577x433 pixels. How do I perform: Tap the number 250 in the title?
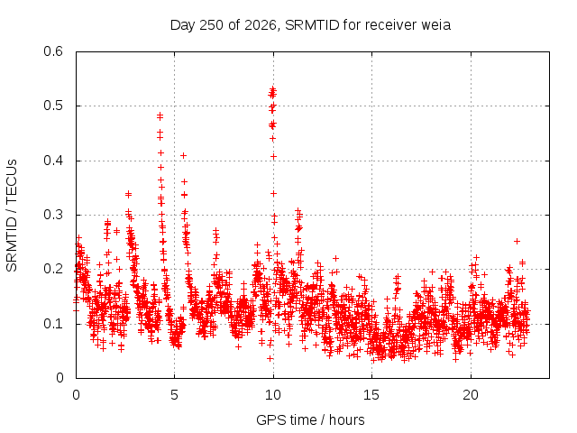pyautogui.click(x=211, y=25)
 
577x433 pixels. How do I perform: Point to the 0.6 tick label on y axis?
pyautogui.click(x=53, y=51)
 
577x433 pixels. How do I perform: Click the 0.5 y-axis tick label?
pyautogui.click(x=53, y=106)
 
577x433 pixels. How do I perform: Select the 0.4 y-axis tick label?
pyautogui.click(x=53, y=161)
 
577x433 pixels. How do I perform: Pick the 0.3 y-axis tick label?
pyautogui.click(x=53, y=215)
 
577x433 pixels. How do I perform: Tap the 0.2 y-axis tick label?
pyautogui.click(x=53, y=269)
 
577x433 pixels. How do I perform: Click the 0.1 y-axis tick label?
pyautogui.click(x=53, y=324)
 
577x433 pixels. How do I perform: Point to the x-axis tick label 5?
pyautogui.click(x=174, y=395)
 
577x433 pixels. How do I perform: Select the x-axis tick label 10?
pyautogui.click(x=272, y=395)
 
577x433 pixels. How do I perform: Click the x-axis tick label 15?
pyautogui.click(x=371, y=395)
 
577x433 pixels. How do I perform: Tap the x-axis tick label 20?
pyautogui.click(x=471, y=395)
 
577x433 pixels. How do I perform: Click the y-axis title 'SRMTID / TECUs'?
pyautogui.click(x=12, y=216)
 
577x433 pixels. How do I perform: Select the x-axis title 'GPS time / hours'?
pyautogui.click(x=310, y=419)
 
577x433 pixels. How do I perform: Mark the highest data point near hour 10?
pyautogui.click(x=272, y=88)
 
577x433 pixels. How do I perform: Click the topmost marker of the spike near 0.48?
pyautogui.click(x=160, y=116)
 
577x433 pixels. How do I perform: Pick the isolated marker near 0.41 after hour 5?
pyautogui.click(x=183, y=156)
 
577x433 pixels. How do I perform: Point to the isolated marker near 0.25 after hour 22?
pyautogui.click(x=517, y=241)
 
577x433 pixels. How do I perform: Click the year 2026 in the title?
pyautogui.click(x=260, y=25)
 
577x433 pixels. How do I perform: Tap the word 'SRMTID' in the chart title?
pyautogui.click(x=312, y=25)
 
